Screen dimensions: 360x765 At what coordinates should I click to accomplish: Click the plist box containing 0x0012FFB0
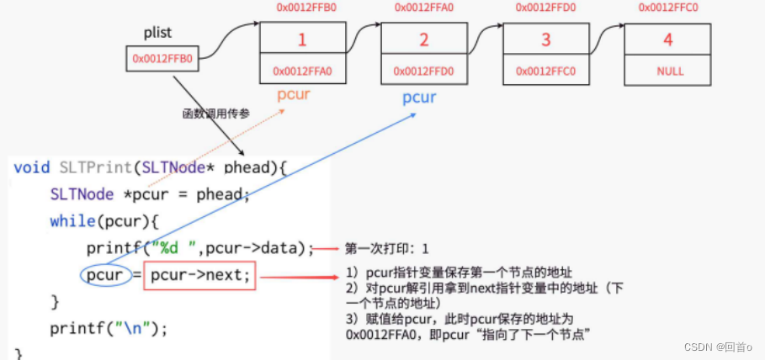[x=162, y=59]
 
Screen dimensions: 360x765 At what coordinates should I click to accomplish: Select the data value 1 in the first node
[x=303, y=40]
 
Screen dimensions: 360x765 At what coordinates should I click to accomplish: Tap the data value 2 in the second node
[x=424, y=40]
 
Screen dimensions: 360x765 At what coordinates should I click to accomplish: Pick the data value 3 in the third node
[x=545, y=40]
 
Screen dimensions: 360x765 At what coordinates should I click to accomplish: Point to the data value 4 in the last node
[x=667, y=40]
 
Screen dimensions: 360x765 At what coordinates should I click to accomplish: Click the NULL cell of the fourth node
[x=667, y=71]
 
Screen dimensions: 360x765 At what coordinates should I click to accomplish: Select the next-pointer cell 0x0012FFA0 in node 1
[x=303, y=71]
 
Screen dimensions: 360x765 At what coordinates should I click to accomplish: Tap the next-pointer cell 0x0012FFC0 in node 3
[x=545, y=71]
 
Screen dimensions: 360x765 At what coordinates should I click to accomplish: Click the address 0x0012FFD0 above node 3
[x=546, y=8]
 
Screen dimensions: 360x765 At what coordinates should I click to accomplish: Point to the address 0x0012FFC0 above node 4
[x=667, y=8]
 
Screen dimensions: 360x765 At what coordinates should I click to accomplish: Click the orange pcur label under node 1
[x=294, y=94]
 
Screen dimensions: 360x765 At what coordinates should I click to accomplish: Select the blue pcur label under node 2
[x=419, y=98]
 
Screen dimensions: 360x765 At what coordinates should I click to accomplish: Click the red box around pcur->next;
[x=199, y=274]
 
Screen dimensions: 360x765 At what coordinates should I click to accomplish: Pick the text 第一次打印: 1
[x=387, y=249]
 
